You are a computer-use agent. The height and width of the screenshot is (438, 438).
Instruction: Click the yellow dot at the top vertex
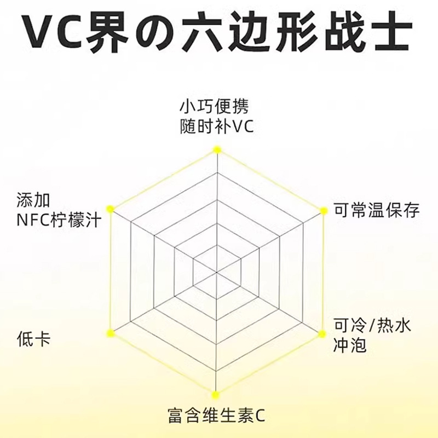click(217, 149)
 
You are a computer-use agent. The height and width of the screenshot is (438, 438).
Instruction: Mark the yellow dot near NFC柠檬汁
click(111, 209)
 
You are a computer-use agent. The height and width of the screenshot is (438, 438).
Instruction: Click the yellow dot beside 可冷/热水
click(322, 332)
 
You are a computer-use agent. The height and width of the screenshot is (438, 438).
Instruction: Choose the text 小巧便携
click(217, 106)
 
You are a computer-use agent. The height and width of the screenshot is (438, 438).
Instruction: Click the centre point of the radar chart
click(217, 270)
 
